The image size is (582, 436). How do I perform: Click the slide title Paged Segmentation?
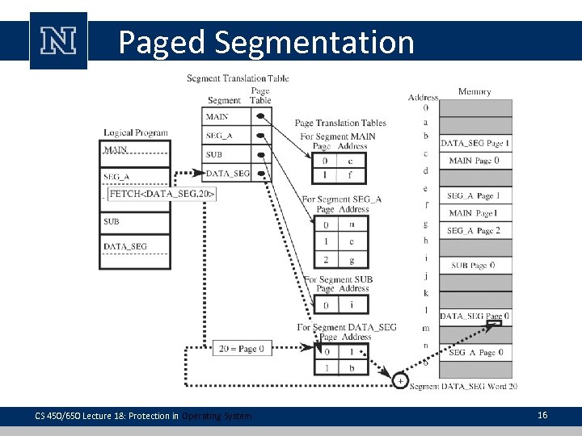[x=266, y=42]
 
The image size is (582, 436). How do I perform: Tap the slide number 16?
[x=542, y=415]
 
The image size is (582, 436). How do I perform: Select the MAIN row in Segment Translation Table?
[x=226, y=117]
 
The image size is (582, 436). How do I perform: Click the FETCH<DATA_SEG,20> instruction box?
[x=162, y=194]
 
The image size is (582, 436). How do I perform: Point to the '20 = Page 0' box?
[x=238, y=349]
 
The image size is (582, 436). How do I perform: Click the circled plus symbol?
[x=400, y=379]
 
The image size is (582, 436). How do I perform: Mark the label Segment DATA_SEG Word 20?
[x=463, y=388]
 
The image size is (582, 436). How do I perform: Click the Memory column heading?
[x=474, y=92]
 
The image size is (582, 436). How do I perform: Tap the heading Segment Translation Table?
[x=238, y=78]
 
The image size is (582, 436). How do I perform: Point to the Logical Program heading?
[x=135, y=132]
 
